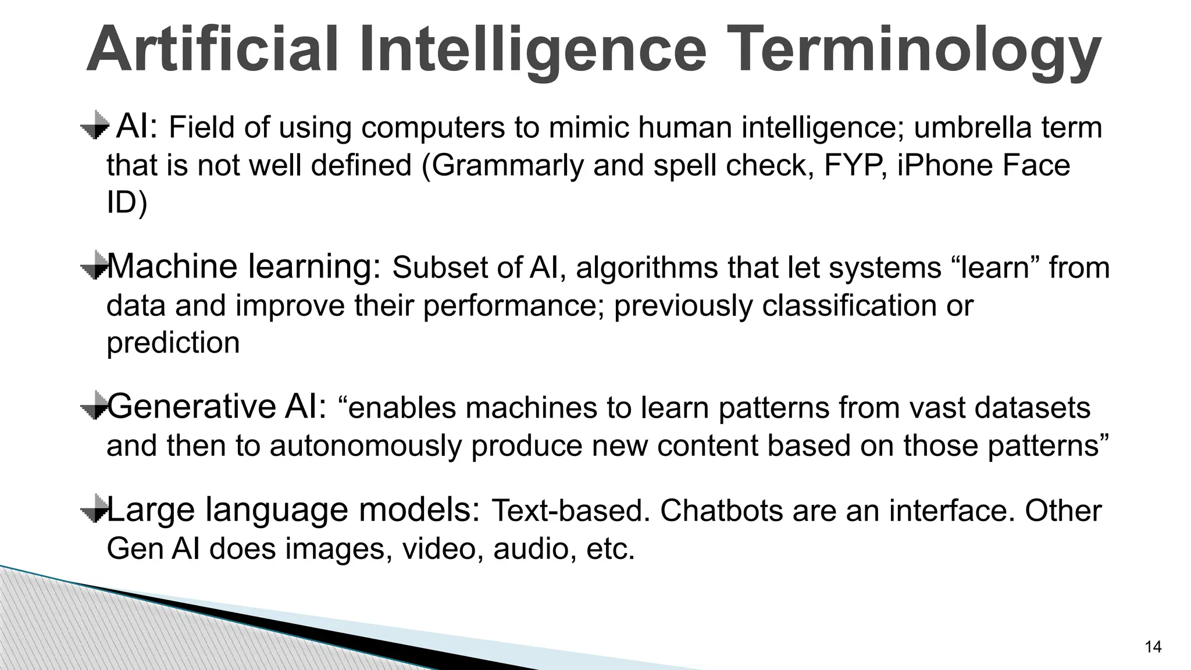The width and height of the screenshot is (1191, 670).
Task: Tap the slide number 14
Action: coord(1152,647)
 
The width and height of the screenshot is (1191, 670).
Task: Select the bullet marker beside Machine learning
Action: coord(95,266)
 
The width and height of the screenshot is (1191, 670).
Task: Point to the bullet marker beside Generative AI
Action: coord(95,405)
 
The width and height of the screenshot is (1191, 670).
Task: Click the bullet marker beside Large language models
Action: coord(95,508)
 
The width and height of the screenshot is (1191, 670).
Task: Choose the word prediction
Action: coord(173,343)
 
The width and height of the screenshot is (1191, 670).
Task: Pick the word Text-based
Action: coord(570,511)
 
